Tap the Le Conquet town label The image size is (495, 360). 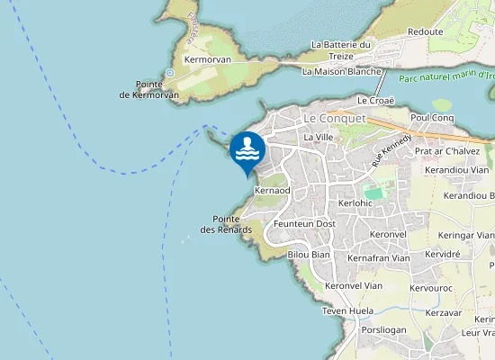click(334, 118)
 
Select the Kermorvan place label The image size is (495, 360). click(207, 59)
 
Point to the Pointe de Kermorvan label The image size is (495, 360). click(149, 89)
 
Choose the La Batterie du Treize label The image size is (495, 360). click(341, 49)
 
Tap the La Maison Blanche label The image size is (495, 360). click(343, 71)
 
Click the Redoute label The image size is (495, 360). click(425, 31)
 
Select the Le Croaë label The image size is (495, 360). click(377, 100)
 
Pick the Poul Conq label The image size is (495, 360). click(431, 118)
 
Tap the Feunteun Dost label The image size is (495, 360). click(304, 223)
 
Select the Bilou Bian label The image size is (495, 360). click(309, 255)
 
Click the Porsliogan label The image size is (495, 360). click(382, 330)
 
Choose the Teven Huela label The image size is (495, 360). click(347, 310)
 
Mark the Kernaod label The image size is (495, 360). click(272, 191)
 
